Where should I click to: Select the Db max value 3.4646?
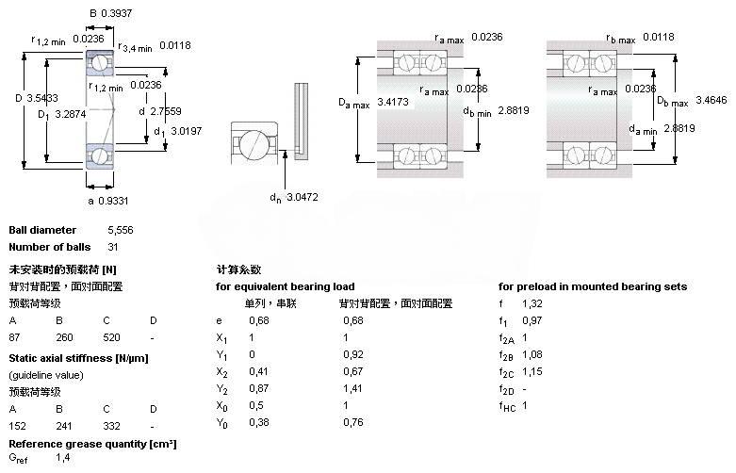(708, 99)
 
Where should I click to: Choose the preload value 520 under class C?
(111, 336)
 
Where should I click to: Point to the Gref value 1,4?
(62, 457)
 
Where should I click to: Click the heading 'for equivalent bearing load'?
(286, 286)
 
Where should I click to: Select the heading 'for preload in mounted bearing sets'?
(592, 286)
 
